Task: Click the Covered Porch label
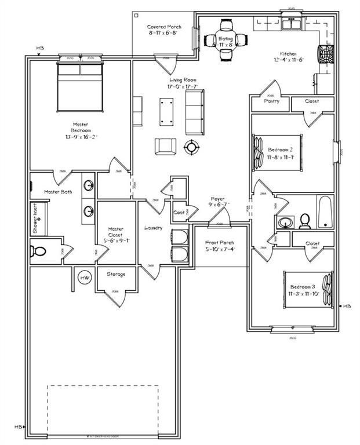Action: pos(164,27)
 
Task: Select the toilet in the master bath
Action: pos(39,251)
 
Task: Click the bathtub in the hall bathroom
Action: pos(325,211)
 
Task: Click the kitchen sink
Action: pos(290,24)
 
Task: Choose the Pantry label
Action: pos(271,101)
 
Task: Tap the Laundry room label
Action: pos(154,228)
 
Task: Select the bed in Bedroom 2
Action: pos(277,152)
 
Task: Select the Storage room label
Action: pos(117,274)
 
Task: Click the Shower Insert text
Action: pos(35,218)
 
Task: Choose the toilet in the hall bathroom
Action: pos(304,221)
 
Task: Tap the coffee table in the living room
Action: pos(167,110)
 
